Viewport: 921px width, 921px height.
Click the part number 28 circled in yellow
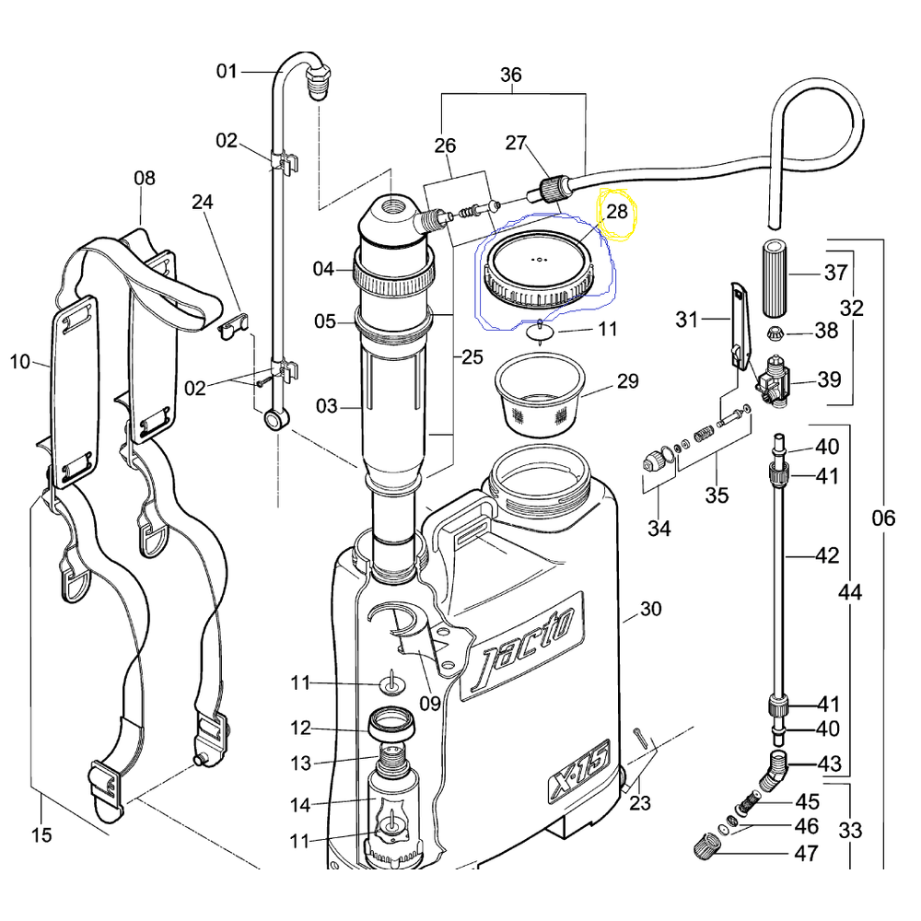[x=617, y=212]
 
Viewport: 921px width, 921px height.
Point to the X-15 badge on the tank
[x=578, y=770]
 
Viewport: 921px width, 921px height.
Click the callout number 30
[x=650, y=609]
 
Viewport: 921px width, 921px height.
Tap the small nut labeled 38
[x=775, y=333]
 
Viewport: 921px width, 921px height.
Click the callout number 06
[x=883, y=518]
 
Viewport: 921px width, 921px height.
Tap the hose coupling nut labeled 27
[x=552, y=189]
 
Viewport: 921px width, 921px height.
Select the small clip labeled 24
[x=234, y=326]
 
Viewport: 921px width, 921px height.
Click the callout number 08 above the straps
[x=145, y=178]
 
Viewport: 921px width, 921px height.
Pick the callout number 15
[x=41, y=834]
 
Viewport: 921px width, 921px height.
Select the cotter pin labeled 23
[x=640, y=738]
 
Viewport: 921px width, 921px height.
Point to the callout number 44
[x=850, y=592]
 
